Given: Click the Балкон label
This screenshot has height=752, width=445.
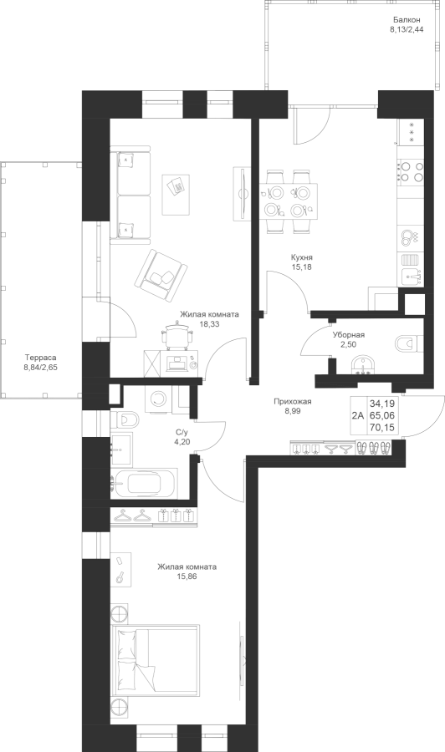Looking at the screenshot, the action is pos(407,20).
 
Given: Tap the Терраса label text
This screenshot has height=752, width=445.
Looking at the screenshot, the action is pos(41,358).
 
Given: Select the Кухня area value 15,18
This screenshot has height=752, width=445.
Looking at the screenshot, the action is pos(301,267).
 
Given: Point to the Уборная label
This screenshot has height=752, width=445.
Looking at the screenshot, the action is pos(349,335).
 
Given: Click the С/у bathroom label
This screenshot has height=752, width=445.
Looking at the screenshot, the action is pos(182,432).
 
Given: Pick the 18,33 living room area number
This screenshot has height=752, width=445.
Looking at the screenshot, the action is pos(209,323).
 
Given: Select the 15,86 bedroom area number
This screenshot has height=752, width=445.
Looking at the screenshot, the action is pos(187,576).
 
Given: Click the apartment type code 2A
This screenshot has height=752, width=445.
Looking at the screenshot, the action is pos(358,416).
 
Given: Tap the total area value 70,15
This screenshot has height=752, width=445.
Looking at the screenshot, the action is pos(382,427).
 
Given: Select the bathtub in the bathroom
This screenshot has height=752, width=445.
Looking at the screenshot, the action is pos(144,484).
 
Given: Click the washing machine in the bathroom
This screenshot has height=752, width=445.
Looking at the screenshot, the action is pos(157,399).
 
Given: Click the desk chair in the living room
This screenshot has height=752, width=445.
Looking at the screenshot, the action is pos(178,334).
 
